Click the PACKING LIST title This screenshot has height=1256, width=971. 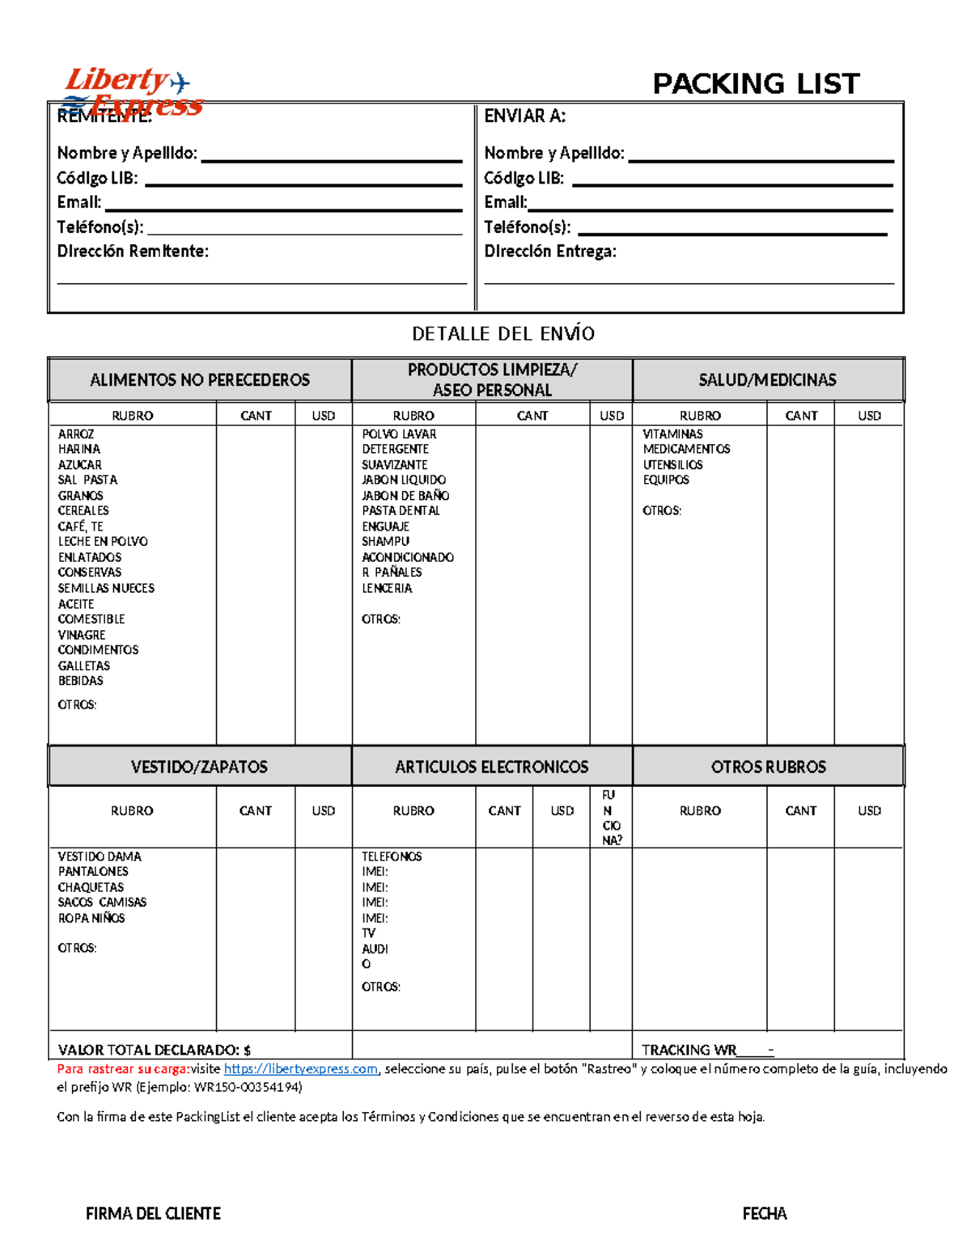coord(756,83)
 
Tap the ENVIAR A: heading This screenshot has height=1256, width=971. coord(524,116)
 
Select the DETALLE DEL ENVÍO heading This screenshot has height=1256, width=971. coord(502,333)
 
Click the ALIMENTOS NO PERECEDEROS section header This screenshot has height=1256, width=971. coord(200,379)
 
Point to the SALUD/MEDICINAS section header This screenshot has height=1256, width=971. coord(767,379)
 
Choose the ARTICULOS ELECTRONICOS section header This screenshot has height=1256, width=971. coord(491,767)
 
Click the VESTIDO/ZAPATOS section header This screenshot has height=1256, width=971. coord(199,767)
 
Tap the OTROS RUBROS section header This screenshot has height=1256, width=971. coord(768,767)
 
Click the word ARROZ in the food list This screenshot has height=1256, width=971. coord(76,434)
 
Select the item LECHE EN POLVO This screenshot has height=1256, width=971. coord(103,542)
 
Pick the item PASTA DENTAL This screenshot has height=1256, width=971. coord(401,511)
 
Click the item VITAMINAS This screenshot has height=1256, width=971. coord(672,434)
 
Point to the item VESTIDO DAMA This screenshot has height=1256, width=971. coord(100,856)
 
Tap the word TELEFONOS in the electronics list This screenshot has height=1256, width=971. coord(392,856)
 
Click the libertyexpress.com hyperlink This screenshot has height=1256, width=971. coord(300,1069)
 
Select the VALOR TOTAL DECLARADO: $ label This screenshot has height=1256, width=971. coord(154,1050)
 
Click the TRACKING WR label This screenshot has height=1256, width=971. coord(689,1050)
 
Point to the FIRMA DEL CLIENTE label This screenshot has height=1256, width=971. coord(153,1213)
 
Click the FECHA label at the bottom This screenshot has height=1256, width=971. coord(764,1213)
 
